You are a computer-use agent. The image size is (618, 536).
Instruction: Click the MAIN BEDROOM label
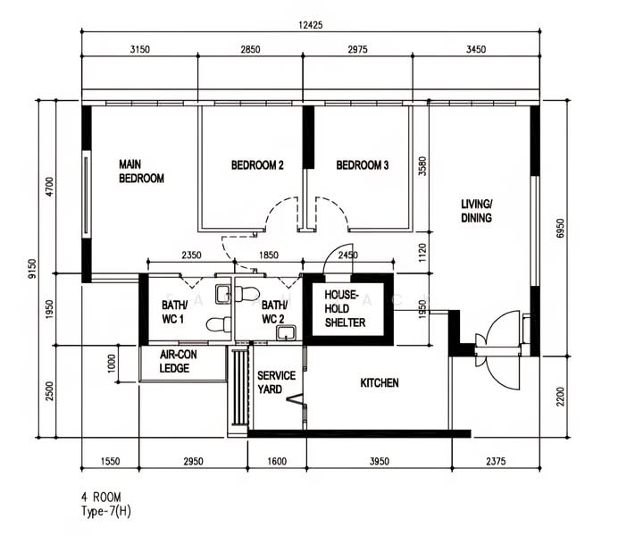point(141,172)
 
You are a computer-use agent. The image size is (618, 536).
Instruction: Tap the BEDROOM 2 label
point(257,165)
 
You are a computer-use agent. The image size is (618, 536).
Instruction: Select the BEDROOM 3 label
point(363,165)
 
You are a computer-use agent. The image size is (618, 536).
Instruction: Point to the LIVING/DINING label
point(477,211)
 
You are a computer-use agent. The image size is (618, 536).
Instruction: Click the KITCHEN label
point(380,382)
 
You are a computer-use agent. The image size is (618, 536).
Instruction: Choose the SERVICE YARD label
point(276,382)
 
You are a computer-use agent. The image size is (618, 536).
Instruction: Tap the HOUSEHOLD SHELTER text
point(345,308)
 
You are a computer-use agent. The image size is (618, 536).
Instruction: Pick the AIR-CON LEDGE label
point(178,362)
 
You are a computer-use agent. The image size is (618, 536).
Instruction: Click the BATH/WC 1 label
point(175,312)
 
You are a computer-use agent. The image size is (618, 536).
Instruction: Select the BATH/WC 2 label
point(274,312)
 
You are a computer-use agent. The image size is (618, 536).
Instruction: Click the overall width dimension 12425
point(311,25)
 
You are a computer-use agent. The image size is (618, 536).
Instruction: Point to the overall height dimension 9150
point(32,269)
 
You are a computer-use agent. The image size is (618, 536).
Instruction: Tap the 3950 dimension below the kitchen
point(380,461)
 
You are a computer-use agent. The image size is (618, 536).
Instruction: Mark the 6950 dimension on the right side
point(560,228)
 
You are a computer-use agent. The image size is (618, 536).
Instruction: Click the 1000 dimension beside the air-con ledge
point(112,363)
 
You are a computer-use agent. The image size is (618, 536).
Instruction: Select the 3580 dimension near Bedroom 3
point(422,166)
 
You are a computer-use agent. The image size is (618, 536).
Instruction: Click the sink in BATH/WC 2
point(287,333)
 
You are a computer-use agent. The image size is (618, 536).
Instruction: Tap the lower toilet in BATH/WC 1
point(219,324)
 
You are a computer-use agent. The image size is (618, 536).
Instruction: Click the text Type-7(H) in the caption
point(106,511)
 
